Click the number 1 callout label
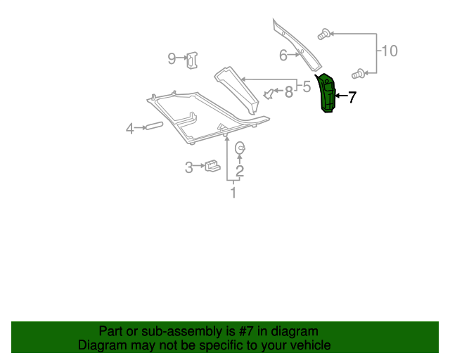[233, 192]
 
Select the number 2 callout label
[240, 170]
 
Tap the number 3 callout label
[189, 167]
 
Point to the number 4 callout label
[129, 129]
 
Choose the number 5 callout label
[306, 87]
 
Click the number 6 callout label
[283, 55]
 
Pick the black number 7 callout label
[352, 98]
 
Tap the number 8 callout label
[288, 91]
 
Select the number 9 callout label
[172, 58]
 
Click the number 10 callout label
[389, 51]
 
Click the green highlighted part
[328, 94]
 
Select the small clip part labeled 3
[212, 167]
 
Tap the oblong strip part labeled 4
[153, 126]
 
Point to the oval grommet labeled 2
[240, 148]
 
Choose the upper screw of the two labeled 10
[324, 33]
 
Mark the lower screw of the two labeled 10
[358, 72]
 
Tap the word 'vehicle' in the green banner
[308, 345]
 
